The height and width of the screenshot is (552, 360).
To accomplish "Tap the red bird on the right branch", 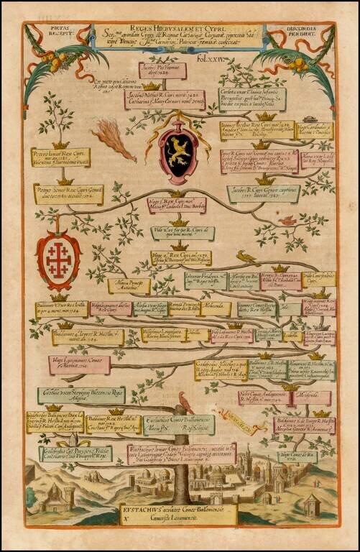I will pyautogui.click(x=287, y=221).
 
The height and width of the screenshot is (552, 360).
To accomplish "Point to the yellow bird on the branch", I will pyautogui.click(x=246, y=256).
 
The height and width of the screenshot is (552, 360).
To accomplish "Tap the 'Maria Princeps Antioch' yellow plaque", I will pyautogui.click(x=129, y=286).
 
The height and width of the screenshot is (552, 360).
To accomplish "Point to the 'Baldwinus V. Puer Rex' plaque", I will pyautogui.click(x=62, y=310).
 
